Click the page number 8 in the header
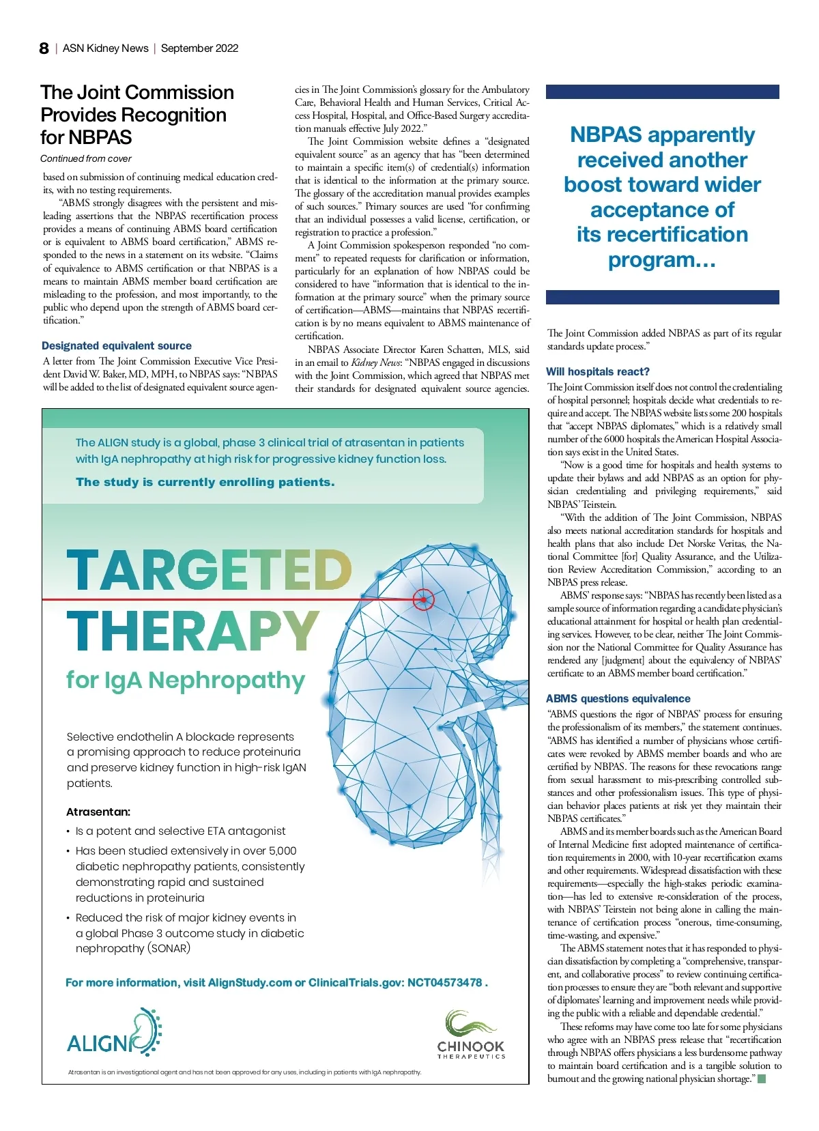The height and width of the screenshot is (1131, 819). point(44,48)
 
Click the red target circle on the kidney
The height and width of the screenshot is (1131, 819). point(423,600)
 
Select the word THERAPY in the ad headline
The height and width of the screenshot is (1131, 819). point(192,631)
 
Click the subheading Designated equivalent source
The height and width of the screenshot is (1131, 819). point(117,346)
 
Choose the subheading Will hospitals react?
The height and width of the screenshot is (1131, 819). point(598,372)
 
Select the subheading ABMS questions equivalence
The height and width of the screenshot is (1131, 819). point(618,699)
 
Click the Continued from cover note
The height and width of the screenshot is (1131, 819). point(86,159)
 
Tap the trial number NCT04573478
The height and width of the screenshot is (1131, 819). point(444,983)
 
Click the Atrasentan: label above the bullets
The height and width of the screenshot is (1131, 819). point(98,812)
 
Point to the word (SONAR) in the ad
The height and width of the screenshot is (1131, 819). point(169,949)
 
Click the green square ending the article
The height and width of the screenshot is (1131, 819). point(762,1079)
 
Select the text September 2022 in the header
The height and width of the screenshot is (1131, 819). point(200,48)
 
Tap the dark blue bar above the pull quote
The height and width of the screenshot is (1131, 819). point(662,91)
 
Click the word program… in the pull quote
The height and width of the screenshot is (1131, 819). point(662,260)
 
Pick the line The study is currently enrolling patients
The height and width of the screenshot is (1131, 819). point(205,483)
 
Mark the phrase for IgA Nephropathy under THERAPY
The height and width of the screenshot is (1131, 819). point(186,681)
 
